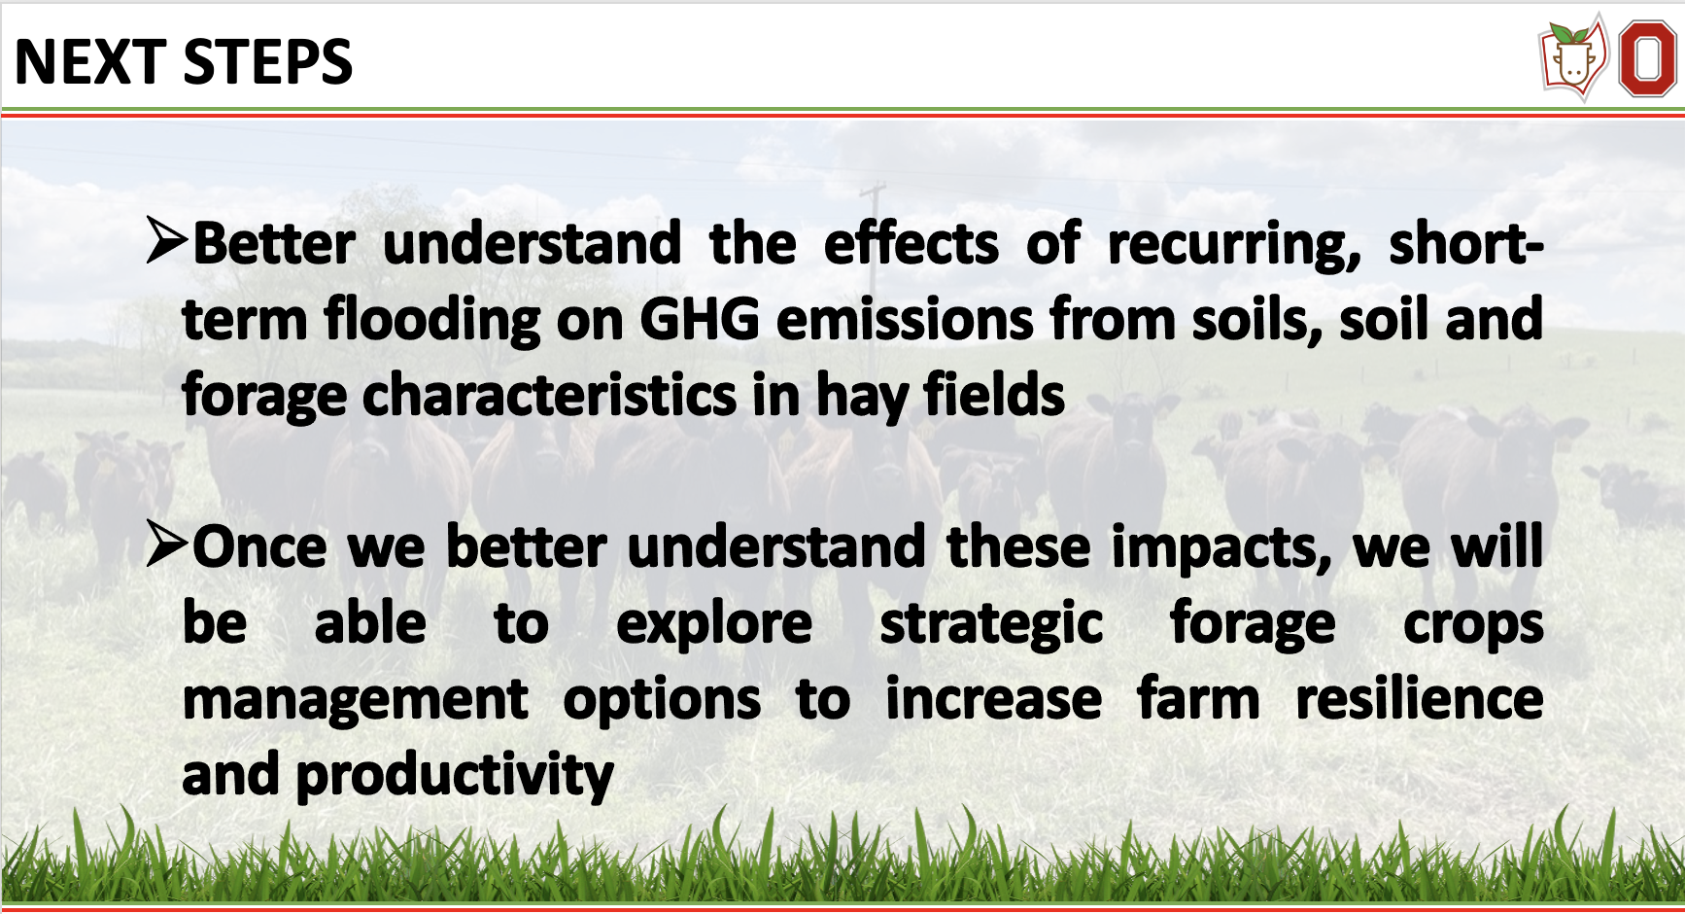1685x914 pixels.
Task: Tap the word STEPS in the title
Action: (268, 62)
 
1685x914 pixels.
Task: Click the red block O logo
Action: (1647, 59)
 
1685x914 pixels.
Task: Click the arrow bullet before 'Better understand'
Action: (166, 240)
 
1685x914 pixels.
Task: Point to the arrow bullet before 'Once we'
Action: (166, 544)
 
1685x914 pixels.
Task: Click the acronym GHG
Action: (699, 319)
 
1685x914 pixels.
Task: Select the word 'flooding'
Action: (431, 321)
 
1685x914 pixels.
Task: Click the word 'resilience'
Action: (1420, 699)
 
